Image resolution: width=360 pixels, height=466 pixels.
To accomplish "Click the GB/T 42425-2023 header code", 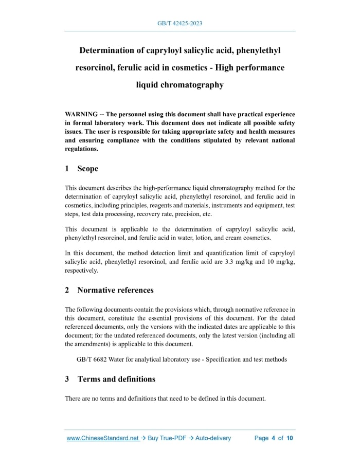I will click(x=179, y=24).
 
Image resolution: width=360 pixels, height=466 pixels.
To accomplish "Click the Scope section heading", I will click(x=87, y=169).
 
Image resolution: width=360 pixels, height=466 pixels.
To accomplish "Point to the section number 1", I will click(x=67, y=169).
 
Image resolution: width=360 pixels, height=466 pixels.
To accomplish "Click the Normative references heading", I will click(x=115, y=290).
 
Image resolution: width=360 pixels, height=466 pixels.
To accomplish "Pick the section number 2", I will click(x=67, y=290).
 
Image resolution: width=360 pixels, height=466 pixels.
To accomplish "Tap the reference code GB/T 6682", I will click(x=92, y=359).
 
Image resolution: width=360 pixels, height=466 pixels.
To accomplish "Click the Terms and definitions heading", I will click(x=116, y=379).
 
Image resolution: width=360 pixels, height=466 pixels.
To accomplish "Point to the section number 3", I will click(x=67, y=379).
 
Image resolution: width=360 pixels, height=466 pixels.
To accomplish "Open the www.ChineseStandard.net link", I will click(x=103, y=438).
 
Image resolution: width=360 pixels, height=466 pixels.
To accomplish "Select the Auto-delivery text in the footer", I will click(x=212, y=438).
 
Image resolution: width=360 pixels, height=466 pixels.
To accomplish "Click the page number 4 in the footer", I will click(x=274, y=438).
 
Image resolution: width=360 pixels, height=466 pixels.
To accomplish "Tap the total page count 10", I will click(x=290, y=438).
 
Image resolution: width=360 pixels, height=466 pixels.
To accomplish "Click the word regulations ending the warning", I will click(x=81, y=149).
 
